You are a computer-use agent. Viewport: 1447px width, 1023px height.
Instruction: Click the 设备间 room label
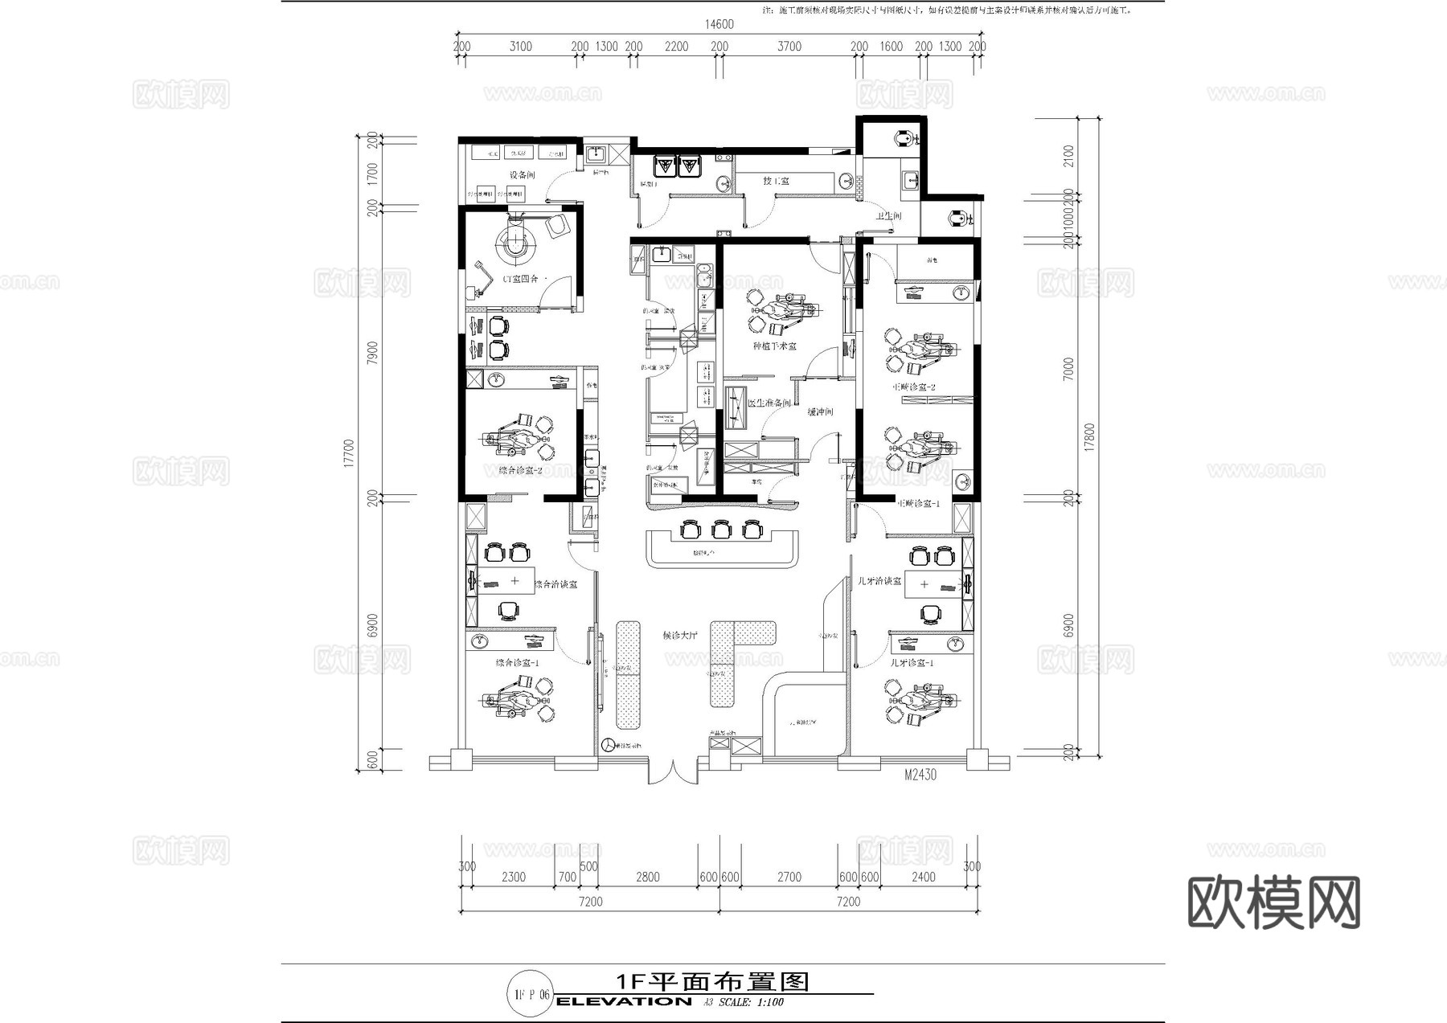521,174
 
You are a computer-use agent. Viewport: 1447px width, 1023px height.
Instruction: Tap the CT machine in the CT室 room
514,242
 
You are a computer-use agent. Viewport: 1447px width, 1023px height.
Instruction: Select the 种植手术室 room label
774,346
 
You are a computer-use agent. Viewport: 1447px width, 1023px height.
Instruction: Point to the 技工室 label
776,181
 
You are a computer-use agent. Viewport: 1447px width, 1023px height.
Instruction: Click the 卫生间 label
888,216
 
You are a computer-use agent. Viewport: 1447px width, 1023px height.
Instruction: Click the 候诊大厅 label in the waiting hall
680,636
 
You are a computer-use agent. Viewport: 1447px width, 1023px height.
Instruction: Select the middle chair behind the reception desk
721,529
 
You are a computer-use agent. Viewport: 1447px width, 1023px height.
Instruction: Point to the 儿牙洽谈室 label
879,580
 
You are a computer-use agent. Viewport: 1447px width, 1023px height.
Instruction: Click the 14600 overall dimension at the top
719,25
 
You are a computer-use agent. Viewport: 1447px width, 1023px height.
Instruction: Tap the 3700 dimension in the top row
789,47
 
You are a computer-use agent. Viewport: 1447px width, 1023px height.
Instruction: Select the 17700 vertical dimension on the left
349,452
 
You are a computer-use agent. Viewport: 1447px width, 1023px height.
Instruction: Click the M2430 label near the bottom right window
920,775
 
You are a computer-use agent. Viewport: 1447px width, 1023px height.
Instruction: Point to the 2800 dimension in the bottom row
647,877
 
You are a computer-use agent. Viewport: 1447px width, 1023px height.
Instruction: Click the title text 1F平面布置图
711,981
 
